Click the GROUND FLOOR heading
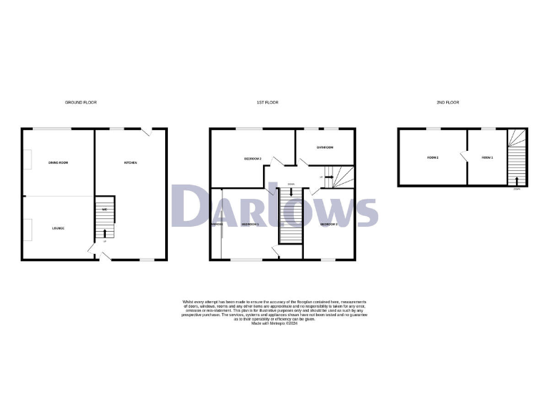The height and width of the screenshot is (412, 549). click(x=81, y=103)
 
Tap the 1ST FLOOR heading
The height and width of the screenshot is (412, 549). click(x=267, y=103)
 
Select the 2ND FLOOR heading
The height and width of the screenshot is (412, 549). click(x=448, y=103)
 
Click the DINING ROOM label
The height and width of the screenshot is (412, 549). click(x=58, y=163)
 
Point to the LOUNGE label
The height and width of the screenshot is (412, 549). click(x=58, y=228)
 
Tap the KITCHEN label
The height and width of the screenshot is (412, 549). click(x=131, y=163)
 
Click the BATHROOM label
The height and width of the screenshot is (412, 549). click(x=325, y=147)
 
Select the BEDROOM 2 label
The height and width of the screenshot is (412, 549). click(x=252, y=158)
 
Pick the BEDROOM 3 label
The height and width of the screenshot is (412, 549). click(x=328, y=225)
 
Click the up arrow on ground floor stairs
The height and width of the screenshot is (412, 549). click(x=104, y=233)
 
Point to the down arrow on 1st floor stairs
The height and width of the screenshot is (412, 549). click(x=291, y=192)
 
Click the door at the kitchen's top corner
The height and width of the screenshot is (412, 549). click(x=146, y=132)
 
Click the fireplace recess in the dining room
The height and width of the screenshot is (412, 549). click(x=27, y=160)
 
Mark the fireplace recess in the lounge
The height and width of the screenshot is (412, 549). click(x=27, y=230)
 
